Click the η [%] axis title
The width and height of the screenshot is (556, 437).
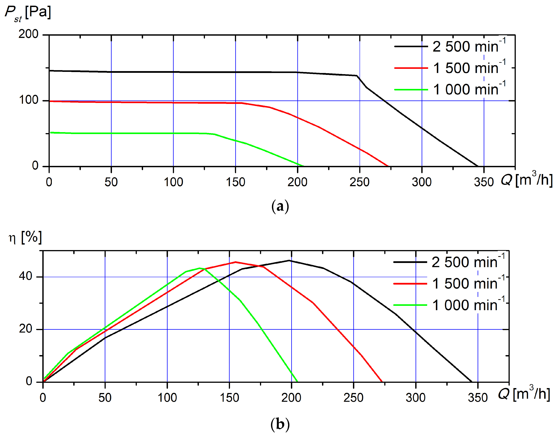pos(25,237)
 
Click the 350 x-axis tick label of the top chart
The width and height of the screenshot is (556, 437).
pos(484,182)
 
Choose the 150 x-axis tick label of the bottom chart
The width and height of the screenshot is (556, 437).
pos(229,398)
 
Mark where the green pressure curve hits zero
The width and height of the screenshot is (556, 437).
pos(303,166)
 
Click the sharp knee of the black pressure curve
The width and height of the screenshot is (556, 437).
pos(357,76)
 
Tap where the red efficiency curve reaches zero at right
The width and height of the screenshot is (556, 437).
pos(382,382)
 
